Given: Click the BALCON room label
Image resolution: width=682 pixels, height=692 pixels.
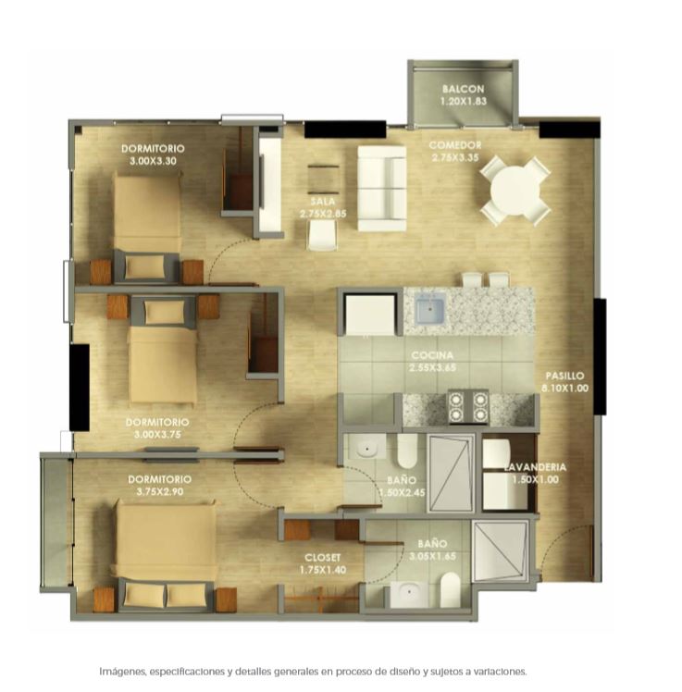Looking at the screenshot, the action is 463,89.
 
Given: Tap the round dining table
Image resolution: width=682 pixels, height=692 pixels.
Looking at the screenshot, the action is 515,191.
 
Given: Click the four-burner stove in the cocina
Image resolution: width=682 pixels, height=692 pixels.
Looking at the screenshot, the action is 468,406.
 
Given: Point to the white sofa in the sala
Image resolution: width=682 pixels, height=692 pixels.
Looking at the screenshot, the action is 382,189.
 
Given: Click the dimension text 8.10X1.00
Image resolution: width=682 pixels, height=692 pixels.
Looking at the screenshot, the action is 565,389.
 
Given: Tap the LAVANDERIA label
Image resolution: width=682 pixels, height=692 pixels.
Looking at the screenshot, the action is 535,467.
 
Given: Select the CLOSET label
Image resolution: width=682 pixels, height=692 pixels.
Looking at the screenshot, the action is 323,558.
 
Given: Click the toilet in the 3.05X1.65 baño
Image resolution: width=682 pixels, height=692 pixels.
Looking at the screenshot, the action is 451,589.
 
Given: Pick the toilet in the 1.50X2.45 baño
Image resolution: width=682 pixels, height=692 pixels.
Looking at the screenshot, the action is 407,451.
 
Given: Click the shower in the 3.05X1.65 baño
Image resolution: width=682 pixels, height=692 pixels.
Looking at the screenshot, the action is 500,550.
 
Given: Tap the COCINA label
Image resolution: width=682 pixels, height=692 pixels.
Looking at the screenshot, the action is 432,355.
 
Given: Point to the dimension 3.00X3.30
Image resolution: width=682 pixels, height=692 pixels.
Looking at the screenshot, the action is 154,161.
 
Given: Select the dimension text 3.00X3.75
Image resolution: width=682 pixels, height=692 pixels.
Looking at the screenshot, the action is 157,435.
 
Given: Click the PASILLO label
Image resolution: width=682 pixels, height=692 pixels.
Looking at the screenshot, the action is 565,376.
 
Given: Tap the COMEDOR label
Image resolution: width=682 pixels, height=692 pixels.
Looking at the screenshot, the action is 455,145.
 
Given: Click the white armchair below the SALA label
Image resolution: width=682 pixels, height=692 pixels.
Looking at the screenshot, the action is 322,235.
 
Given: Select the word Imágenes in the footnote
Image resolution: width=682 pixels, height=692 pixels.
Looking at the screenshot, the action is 123,673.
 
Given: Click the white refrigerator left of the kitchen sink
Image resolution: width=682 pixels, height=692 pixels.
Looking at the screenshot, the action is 370,315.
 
